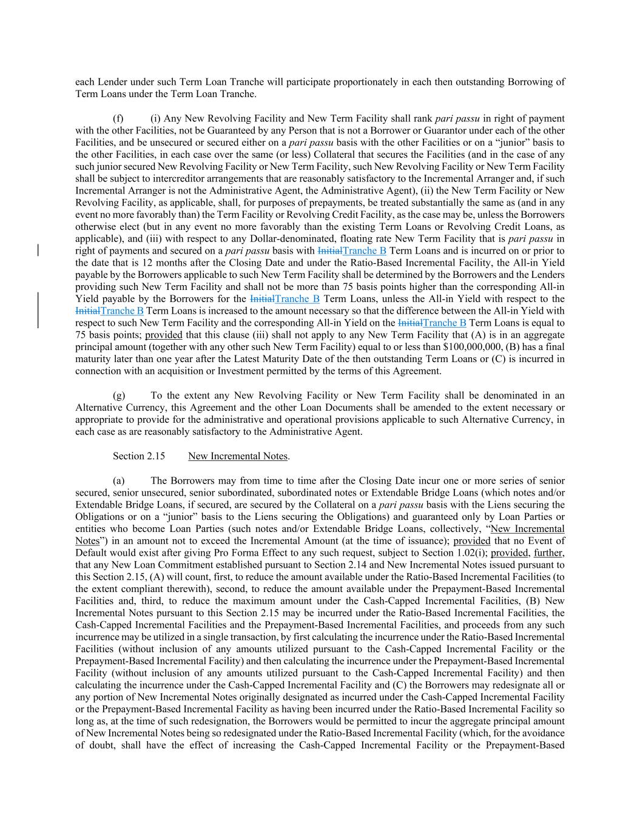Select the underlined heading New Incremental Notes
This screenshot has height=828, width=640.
(238, 456)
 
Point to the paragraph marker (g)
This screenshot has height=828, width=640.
(119, 395)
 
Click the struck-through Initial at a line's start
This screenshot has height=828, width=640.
(87, 311)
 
